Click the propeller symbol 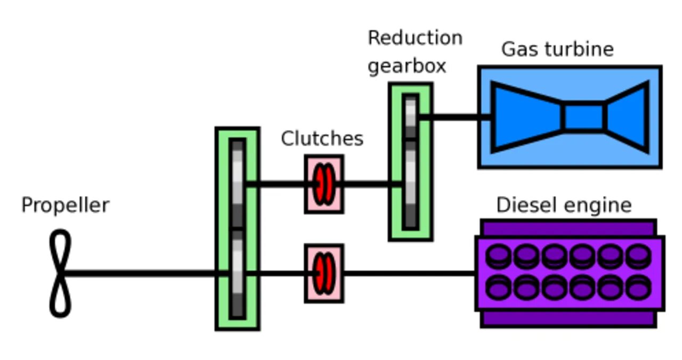pos(60,273)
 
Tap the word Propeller pos(65,206)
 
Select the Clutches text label pos(322,138)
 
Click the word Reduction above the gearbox pos(415,38)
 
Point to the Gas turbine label pos(557,50)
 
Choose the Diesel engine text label pos(564,206)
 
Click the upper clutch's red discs pos(324,184)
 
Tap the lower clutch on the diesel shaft pos(324,274)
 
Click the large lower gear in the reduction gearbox pos(410,184)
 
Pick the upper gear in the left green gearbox pos(238,184)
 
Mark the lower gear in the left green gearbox pos(238,274)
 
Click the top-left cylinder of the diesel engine pos(499,256)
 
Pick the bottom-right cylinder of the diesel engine pos(638,288)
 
